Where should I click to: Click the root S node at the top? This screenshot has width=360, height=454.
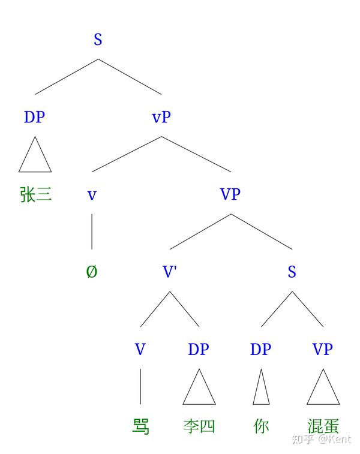[98, 40]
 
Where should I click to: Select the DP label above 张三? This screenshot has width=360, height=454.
[34, 117]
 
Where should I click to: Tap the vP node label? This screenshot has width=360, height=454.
[161, 117]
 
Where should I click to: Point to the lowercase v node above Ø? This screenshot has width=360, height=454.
[92, 194]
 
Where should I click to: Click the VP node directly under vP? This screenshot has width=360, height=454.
[230, 194]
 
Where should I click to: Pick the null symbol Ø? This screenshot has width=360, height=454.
[92, 272]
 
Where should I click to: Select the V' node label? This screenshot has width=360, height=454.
[170, 272]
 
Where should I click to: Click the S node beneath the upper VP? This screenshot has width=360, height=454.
[292, 272]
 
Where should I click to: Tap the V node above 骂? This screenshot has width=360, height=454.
[140, 349]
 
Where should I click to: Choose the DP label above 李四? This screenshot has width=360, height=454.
[198, 349]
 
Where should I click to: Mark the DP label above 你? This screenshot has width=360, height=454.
[260, 349]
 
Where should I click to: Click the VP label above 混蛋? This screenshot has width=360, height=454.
[322, 349]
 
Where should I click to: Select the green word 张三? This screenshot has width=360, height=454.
[36, 194]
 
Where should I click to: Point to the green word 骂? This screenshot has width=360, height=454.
[140, 426]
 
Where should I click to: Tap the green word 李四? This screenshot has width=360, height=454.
[199, 426]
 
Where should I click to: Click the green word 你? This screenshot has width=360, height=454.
[261, 426]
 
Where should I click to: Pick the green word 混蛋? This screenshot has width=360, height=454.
[323, 426]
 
